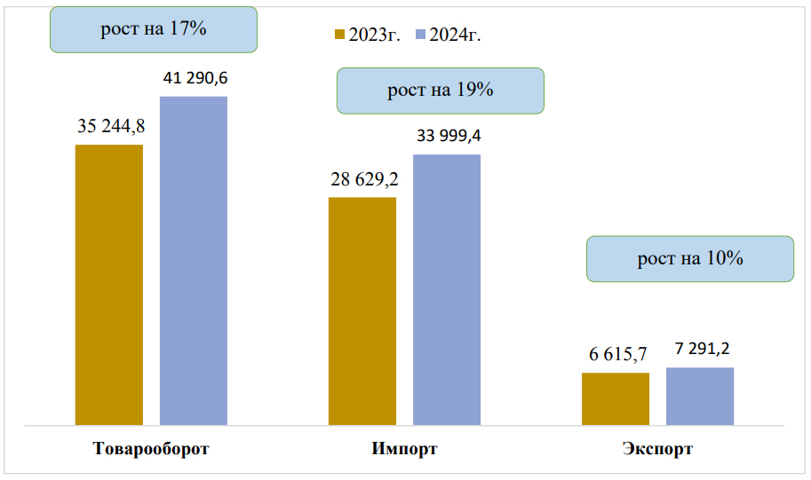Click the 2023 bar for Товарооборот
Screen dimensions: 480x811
coord(109,284)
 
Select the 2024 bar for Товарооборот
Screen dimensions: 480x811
coord(194,260)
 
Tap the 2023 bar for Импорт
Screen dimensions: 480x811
coord(362,311)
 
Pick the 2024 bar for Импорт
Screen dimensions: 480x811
coord(447,289)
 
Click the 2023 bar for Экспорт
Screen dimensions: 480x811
coord(616,398)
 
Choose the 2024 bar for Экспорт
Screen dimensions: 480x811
coord(700,396)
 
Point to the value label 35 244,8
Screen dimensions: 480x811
coord(111,126)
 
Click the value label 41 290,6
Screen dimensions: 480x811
coord(195,79)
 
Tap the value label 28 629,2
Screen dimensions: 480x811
coord(364,179)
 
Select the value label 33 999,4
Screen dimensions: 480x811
coord(449,137)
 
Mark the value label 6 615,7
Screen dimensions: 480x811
coord(617,354)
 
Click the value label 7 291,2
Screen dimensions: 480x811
coord(702,349)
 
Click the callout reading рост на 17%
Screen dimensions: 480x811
coord(154,29)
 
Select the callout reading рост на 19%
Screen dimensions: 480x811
coord(440,90)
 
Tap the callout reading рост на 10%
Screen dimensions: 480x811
coord(689,259)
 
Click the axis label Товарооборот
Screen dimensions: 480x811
coord(151,449)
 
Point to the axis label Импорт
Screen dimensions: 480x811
coord(404,449)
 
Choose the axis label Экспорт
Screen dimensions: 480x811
coord(657,449)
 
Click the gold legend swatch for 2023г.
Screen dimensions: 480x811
coord(339,35)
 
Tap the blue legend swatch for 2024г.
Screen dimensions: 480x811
coord(419,35)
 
